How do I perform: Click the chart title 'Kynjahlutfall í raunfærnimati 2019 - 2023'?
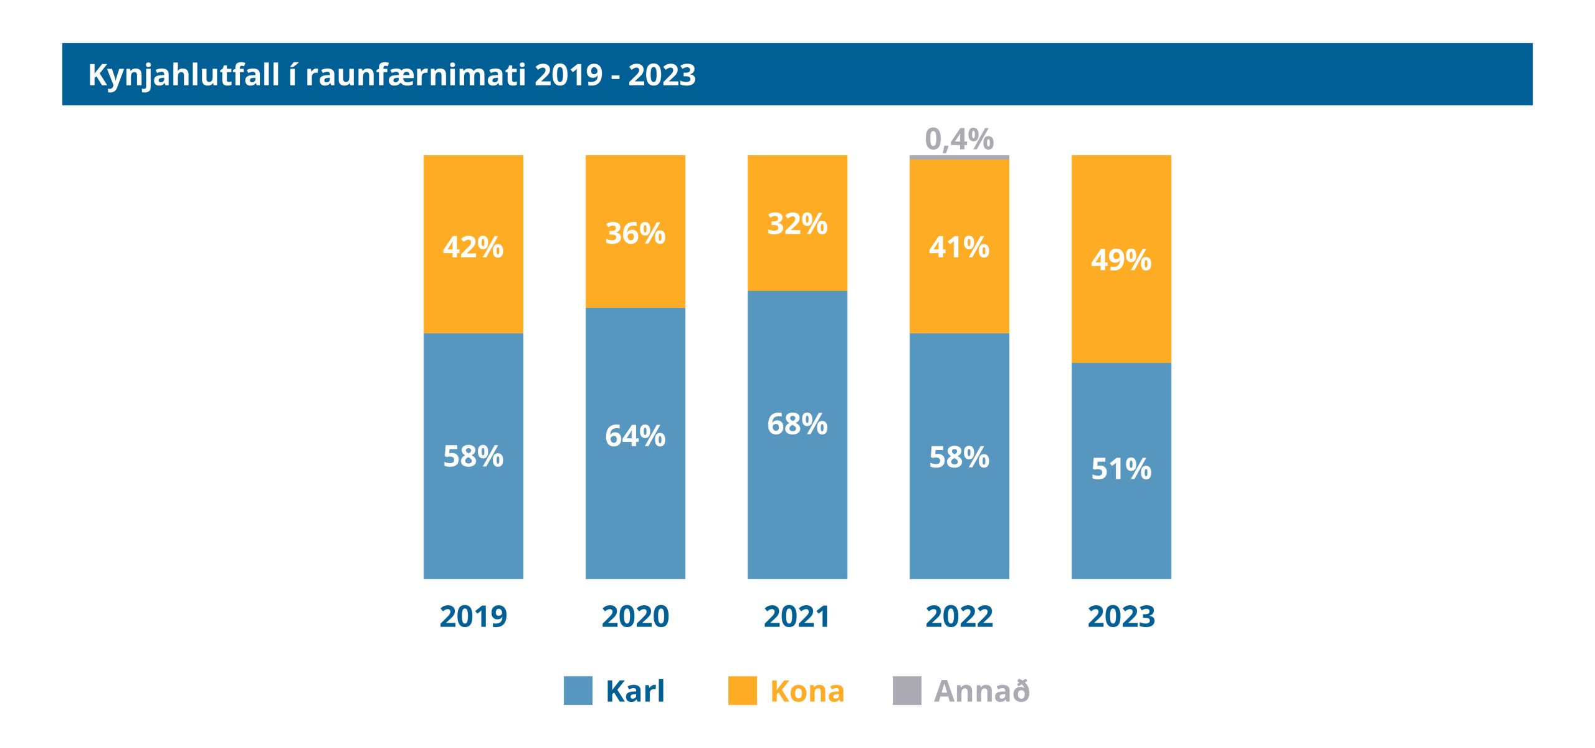(391, 75)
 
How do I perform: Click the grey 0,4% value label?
(959, 138)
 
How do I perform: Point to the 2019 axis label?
(474, 616)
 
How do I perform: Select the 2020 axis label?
(636, 616)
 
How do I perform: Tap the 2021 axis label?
(797, 616)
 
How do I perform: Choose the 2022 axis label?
(959, 616)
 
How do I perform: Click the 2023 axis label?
(1121, 616)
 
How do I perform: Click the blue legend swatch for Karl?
(578, 691)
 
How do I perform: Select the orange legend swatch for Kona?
(742, 691)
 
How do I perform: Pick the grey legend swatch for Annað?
(907, 691)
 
